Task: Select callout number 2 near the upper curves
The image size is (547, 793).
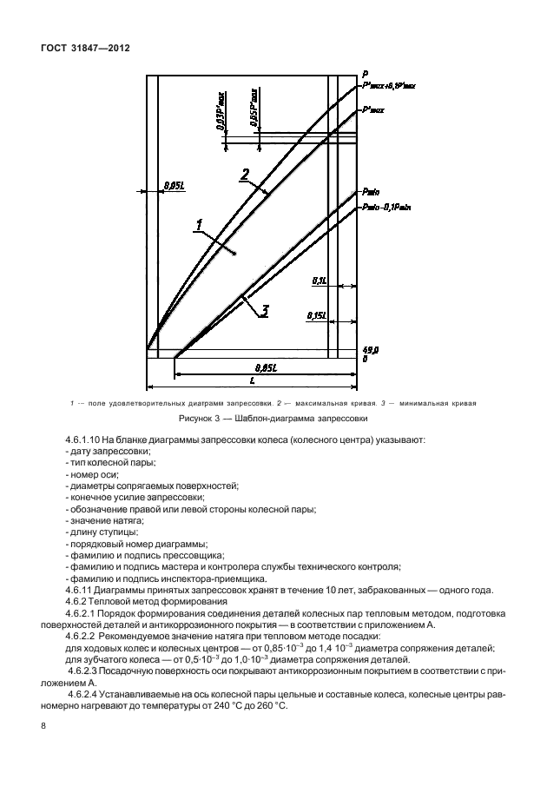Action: [x=246, y=174]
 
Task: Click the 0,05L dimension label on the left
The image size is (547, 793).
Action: [x=172, y=184]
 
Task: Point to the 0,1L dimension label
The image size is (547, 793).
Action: [x=317, y=281]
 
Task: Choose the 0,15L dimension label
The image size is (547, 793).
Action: [x=314, y=317]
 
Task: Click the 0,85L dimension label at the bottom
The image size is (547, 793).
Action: [x=254, y=367]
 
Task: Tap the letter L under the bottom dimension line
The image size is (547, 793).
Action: [x=251, y=380]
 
